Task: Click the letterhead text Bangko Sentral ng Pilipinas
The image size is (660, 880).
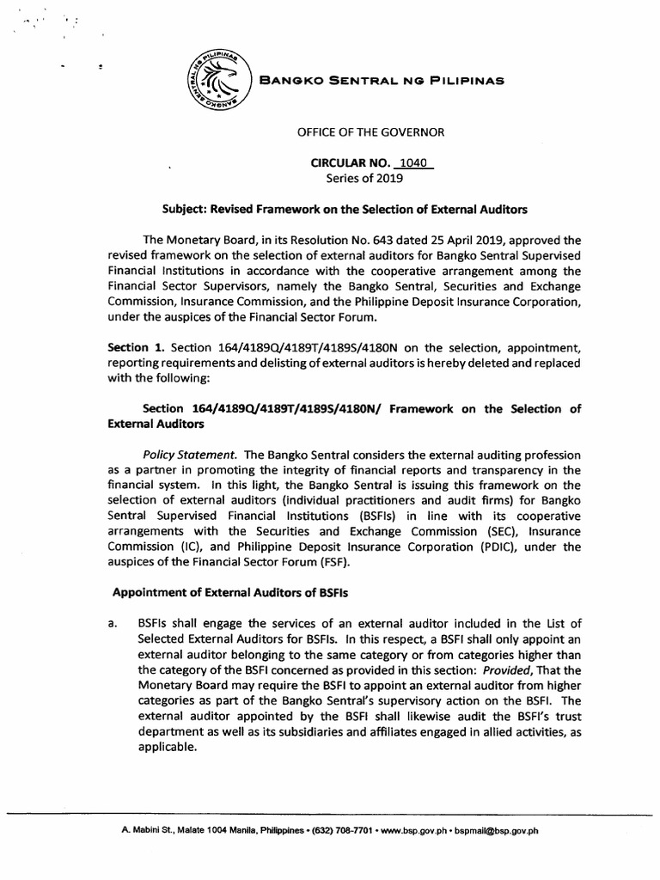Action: (x=381, y=80)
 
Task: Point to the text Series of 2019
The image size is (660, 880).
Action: (x=364, y=180)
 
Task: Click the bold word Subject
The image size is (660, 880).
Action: (x=186, y=210)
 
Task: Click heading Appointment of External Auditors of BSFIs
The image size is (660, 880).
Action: (x=234, y=594)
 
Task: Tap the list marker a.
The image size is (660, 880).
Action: (x=113, y=624)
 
